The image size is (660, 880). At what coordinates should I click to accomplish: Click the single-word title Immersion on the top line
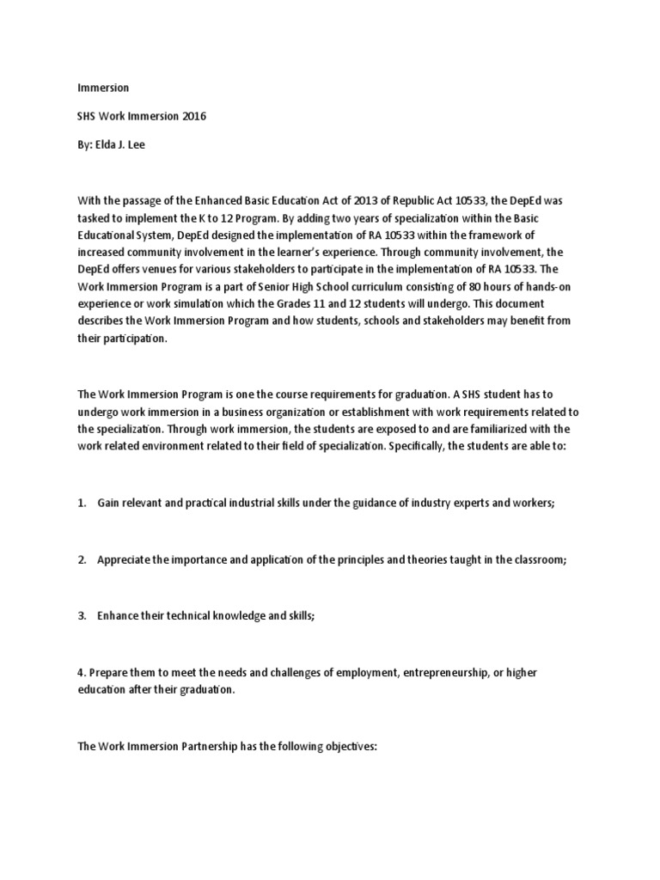click(103, 88)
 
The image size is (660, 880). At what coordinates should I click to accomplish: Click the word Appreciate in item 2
click(124, 559)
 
